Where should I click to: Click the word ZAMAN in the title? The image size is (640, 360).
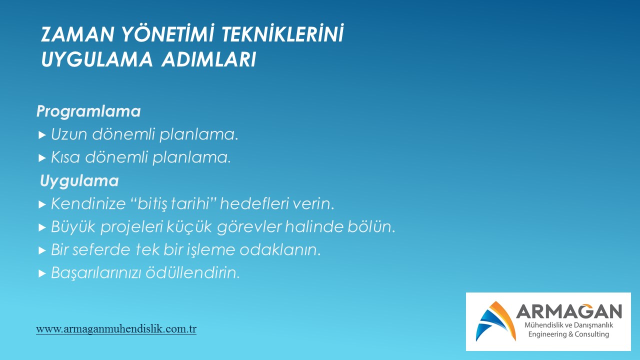point(77,34)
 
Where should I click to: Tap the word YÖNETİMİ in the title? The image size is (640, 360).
point(168,33)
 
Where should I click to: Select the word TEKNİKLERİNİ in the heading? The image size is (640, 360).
point(282,33)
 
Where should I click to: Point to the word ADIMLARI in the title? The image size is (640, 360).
point(208,59)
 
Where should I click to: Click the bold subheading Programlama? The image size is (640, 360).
point(88,111)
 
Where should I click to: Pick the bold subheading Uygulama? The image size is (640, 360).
point(79,181)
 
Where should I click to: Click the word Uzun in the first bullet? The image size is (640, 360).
point(69,134)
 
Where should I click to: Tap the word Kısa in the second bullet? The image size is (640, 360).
point(65,157)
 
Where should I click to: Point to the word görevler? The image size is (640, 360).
point(249,227)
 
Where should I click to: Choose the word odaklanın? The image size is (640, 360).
point(280,249)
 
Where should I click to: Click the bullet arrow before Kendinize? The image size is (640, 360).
point(42,204)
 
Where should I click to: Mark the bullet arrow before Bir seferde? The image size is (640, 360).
point(42,250)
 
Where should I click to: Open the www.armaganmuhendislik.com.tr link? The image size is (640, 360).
point(116,329)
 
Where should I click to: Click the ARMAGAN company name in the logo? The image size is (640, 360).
point(569,311)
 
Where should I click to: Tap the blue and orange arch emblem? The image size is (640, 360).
point(496,321)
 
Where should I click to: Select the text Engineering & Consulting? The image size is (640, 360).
point(568,334)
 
